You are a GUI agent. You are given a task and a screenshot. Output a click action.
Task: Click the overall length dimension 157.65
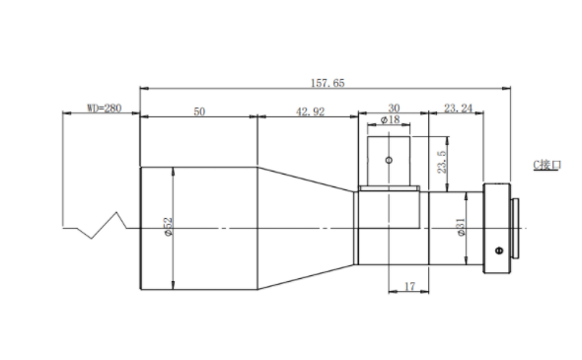click(327, 83)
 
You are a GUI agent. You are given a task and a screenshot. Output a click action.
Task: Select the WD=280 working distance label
click(105, 108)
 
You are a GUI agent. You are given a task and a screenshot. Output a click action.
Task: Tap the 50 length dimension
click(199, 111)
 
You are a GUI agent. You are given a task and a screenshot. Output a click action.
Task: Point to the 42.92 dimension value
click(310, 111)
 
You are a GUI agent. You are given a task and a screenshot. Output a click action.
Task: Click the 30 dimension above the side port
click(394, 108)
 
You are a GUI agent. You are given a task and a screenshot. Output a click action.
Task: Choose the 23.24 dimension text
click(458, 108)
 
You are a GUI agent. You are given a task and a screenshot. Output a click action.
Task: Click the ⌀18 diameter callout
click(390, 119)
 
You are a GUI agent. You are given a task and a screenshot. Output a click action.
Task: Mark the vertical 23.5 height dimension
click(442, 162)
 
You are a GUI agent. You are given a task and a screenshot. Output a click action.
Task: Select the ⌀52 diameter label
click(168, 227)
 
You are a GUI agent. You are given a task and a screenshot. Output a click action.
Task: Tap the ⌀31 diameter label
click(461, 227)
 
